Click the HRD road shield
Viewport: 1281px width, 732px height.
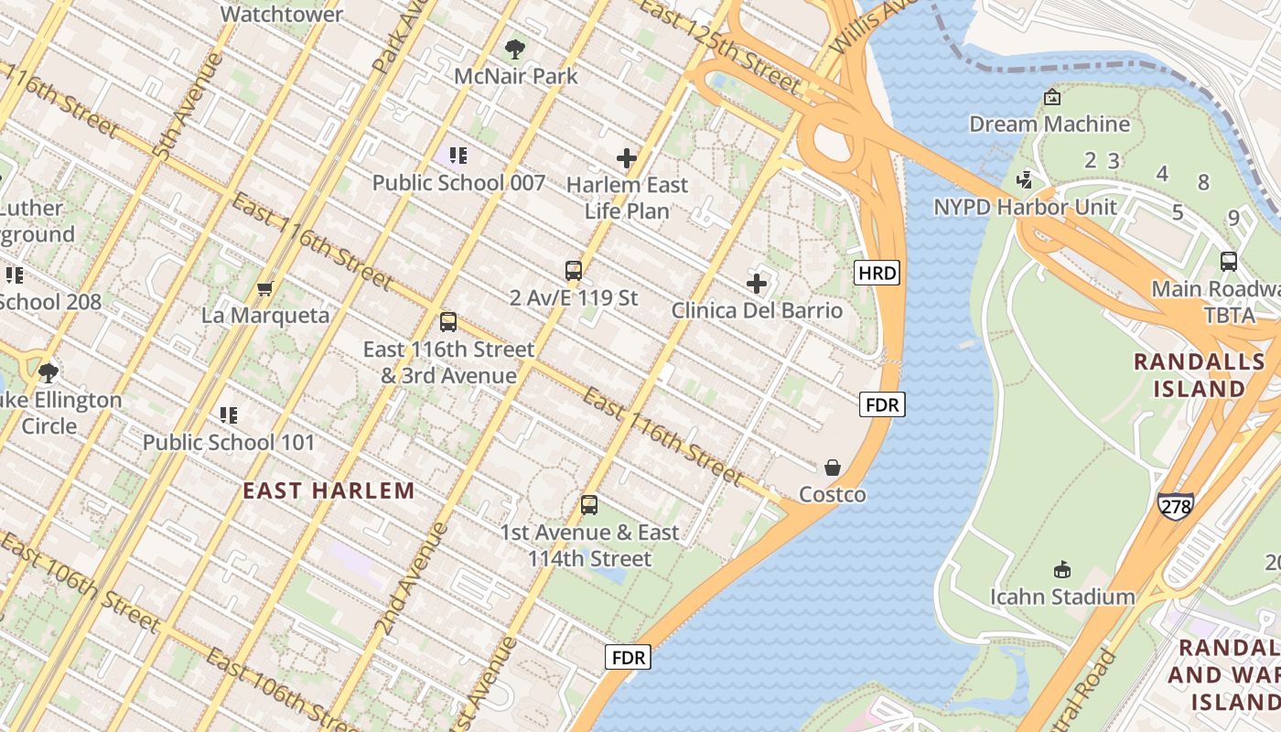[877, 272]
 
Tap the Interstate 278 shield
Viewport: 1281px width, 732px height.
[1175, 505]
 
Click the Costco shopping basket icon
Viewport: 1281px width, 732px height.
[833, 468]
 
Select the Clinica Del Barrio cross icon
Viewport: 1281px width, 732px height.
[757, 283]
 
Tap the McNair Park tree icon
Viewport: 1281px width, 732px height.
[515, 48]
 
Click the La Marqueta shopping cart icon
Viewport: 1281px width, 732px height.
[264, 289]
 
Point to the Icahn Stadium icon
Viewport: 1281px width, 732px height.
[1062, 570]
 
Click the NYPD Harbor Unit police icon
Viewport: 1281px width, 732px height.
[1025, 179]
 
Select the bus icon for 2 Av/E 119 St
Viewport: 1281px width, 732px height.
[574, 271]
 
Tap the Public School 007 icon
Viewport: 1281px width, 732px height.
[457, 156]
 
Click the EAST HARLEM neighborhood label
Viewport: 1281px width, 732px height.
[328, 490]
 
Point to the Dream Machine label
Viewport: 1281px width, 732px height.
[1050, 124]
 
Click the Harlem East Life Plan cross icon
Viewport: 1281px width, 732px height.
[627, 158]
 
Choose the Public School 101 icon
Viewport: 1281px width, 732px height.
[229, 415]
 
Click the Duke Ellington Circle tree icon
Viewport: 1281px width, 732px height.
[48, 372]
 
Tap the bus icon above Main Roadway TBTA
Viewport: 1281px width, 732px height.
[1229, 262]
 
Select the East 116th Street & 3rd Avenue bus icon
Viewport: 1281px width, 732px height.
[448, 322]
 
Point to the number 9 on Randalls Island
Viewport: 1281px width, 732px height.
[1233, 218]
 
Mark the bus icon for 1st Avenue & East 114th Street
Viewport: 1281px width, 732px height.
[589, 505]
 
